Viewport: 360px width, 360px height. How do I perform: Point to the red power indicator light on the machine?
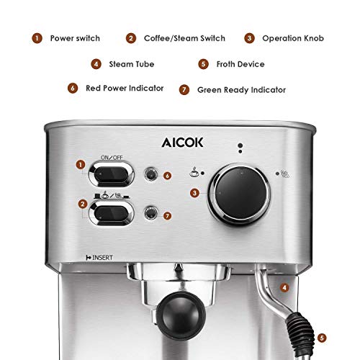(150, 175)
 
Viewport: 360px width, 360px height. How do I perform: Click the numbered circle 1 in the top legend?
(34, 38)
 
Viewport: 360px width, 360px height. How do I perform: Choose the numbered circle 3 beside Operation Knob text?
(249, 38)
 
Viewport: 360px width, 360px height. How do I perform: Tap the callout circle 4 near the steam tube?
(284, 287)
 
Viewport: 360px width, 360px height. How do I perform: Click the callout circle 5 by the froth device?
(321, 336)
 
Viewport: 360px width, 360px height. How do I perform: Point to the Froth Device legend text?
(242, 64)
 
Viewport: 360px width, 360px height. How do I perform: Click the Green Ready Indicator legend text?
(241, 90)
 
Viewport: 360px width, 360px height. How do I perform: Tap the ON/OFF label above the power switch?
(112, 156)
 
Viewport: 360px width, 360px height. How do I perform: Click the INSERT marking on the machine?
(99, 256)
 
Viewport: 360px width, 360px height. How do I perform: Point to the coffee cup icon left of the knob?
(195, 171)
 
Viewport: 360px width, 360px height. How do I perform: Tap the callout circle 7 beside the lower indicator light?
(167, 214)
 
